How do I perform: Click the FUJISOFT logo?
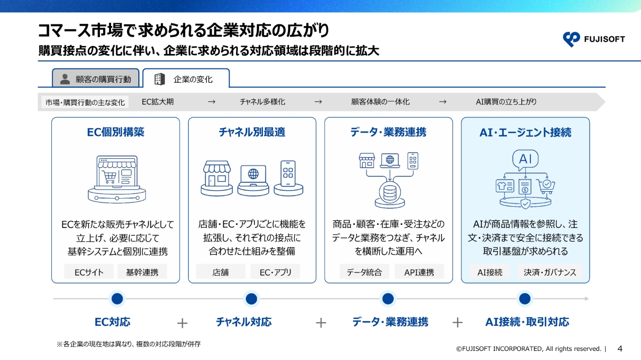(593, 39)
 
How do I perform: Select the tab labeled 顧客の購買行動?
(96, 78)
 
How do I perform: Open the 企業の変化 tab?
(186, 78)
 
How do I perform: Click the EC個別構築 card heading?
(115, 132)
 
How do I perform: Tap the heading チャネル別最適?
(252, 132)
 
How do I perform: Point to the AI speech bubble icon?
(525, 160)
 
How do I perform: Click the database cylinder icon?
(389, 192)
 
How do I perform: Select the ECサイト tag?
(89, 272)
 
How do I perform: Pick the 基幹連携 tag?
(142, 272)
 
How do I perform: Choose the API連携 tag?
(419, 272)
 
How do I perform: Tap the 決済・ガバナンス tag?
(550, 272)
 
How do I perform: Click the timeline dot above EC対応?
(117, 299)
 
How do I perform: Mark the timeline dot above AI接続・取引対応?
(525, 299)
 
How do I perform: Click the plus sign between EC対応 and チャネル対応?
(182, 323)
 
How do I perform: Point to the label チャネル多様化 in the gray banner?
(262, 102)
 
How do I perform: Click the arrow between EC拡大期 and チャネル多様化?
(212, 102)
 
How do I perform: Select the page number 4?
(620, 349)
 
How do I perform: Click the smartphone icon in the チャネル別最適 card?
(288, 174)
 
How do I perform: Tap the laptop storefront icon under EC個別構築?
(117, 179)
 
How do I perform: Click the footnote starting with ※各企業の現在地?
(129, 344)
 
